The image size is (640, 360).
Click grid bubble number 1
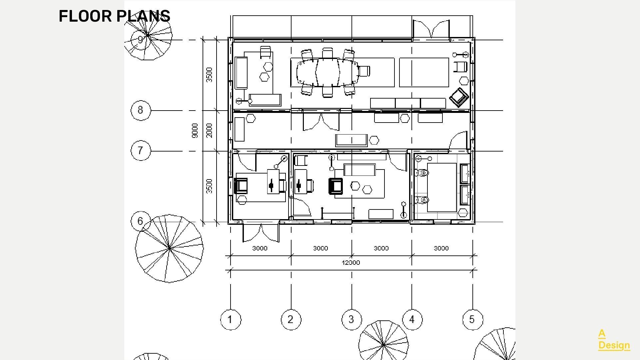click(x=231, y=320)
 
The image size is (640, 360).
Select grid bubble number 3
click(x=351, y=320)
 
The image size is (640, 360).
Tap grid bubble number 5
click(x=472, y=320)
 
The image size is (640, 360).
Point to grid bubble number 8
click(x=141, y=110)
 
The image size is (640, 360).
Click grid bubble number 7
click(x=141, y=151)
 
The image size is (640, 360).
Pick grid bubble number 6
click(x=141, y=221)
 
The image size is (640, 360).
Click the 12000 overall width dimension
click(x=351, y=262)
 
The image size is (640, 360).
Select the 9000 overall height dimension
click(x=195, y=131)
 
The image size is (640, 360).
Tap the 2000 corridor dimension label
click(x=209, y=131)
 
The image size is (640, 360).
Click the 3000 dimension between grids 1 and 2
click(x=260, y=248)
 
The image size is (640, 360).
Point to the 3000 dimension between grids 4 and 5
click(x=441, y=248)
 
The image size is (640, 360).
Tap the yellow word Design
click(x=614, y=345)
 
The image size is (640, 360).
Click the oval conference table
click(x=327, y=72)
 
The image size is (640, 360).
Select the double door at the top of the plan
click(x=431, y=29)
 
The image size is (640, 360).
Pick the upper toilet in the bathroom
click(x=422, y=173)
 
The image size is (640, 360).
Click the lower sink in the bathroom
click(x=465, y=195)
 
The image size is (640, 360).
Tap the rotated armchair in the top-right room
click(x=459, y=97)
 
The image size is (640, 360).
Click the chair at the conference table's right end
click(x=364, y=71)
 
